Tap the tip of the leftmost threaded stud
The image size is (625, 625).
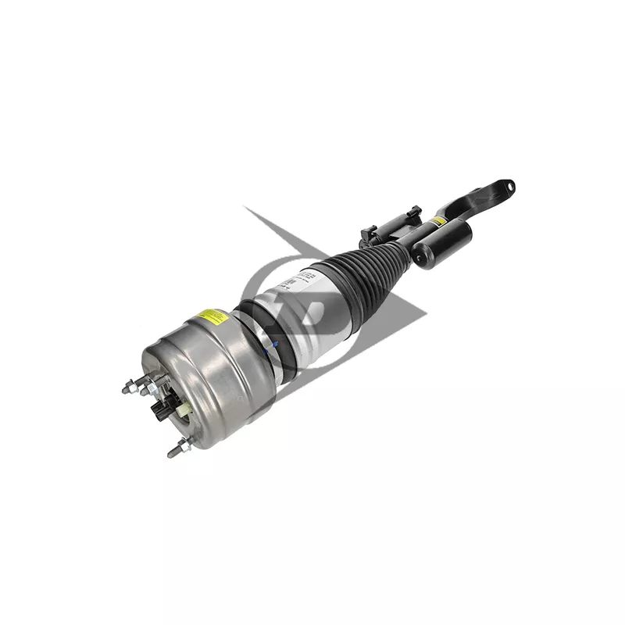click(x=126, y=383)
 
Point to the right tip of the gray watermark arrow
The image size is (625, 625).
click(x=427, y=316)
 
